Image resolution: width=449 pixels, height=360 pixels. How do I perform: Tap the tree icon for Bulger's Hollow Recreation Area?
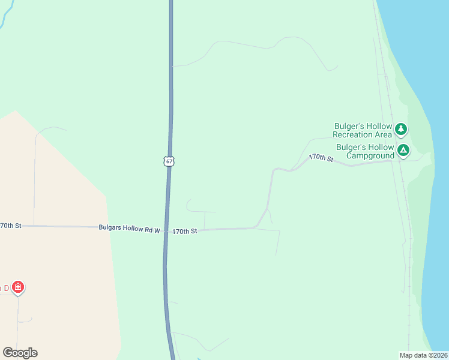(x=401, y=129)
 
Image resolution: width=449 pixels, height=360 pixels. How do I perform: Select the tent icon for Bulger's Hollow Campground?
(x=403, y=150)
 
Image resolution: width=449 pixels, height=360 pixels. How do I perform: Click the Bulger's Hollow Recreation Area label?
(x=363, y=130)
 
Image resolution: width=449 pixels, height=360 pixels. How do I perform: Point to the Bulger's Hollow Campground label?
(x=365, y=151)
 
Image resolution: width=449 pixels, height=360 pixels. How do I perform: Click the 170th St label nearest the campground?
(x=321, y=158)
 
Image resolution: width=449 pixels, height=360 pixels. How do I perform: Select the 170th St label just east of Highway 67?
(x=184, y=231)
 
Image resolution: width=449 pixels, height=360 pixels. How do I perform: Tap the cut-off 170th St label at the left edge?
(x=10, y=226)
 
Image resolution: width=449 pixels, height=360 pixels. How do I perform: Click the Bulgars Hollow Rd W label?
(x=130, y=229)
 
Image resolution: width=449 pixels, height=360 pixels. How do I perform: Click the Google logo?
(x=20, y=353)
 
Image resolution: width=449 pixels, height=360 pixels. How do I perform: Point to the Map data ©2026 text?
(x=423, y=355)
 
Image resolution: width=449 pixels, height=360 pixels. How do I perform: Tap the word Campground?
(x=373, y=155)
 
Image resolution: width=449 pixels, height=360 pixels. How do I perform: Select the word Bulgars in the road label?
(x=112, y=229)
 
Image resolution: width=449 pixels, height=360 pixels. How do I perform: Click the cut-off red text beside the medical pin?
(x=4, y=288)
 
